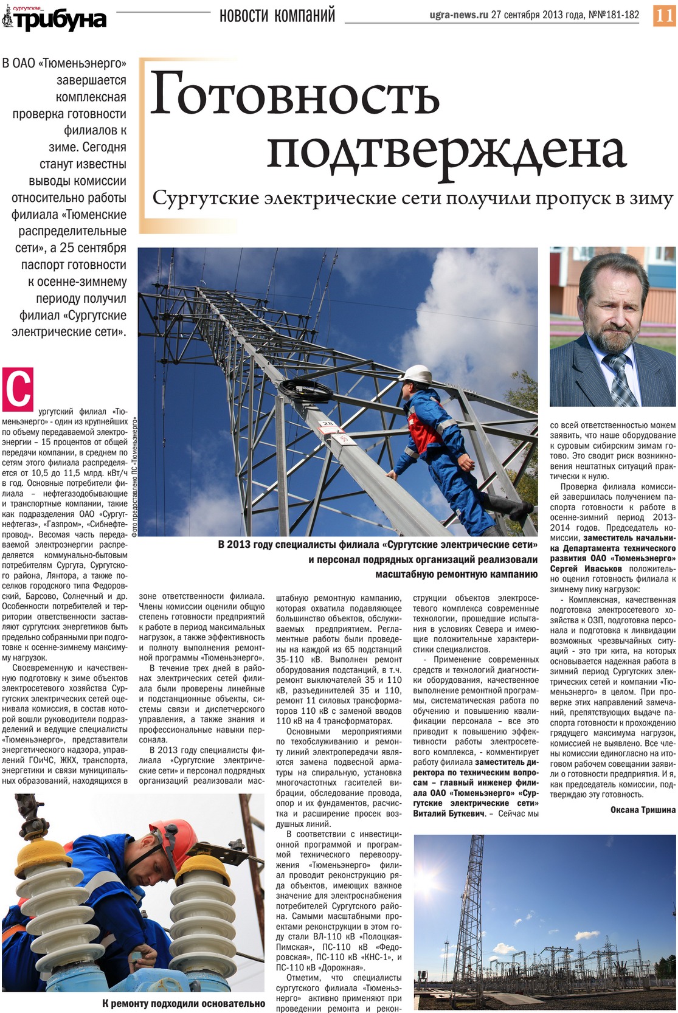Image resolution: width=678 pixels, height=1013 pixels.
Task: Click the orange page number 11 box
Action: click(x=664, y=15)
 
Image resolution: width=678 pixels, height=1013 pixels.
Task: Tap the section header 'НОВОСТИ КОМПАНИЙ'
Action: click(x=277, y=15)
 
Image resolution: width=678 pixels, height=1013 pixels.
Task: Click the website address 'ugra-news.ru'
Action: click(x=458, y=15)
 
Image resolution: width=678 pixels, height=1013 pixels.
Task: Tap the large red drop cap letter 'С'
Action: click(x=18, y=389)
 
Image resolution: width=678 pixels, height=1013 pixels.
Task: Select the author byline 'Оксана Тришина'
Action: click(x=643, y=810)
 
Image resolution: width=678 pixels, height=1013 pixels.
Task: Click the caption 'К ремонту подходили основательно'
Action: click(x=183, y=1003)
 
